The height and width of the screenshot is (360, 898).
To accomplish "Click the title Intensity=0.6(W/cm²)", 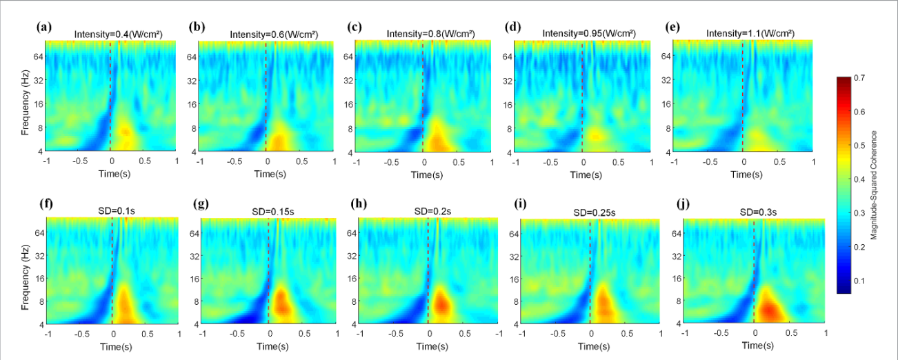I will pyautogui.click(x=274, y=34).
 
